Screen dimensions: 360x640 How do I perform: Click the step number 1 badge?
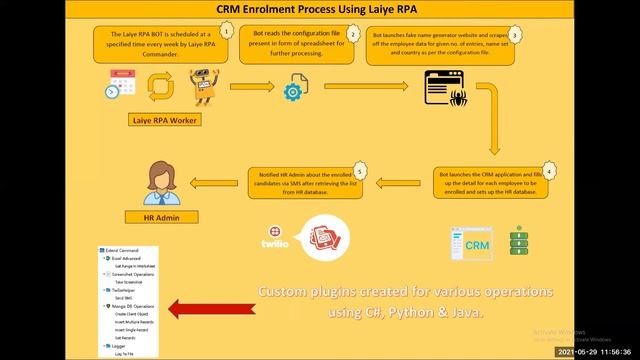click(x=227, y=31)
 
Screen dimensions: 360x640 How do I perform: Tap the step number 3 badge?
click(x=514, y=33)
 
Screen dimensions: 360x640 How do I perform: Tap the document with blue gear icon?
click(x=294, y=90)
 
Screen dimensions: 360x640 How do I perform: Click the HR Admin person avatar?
click(x=161, y=180)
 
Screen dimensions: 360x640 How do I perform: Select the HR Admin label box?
click(x=161, y=215)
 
